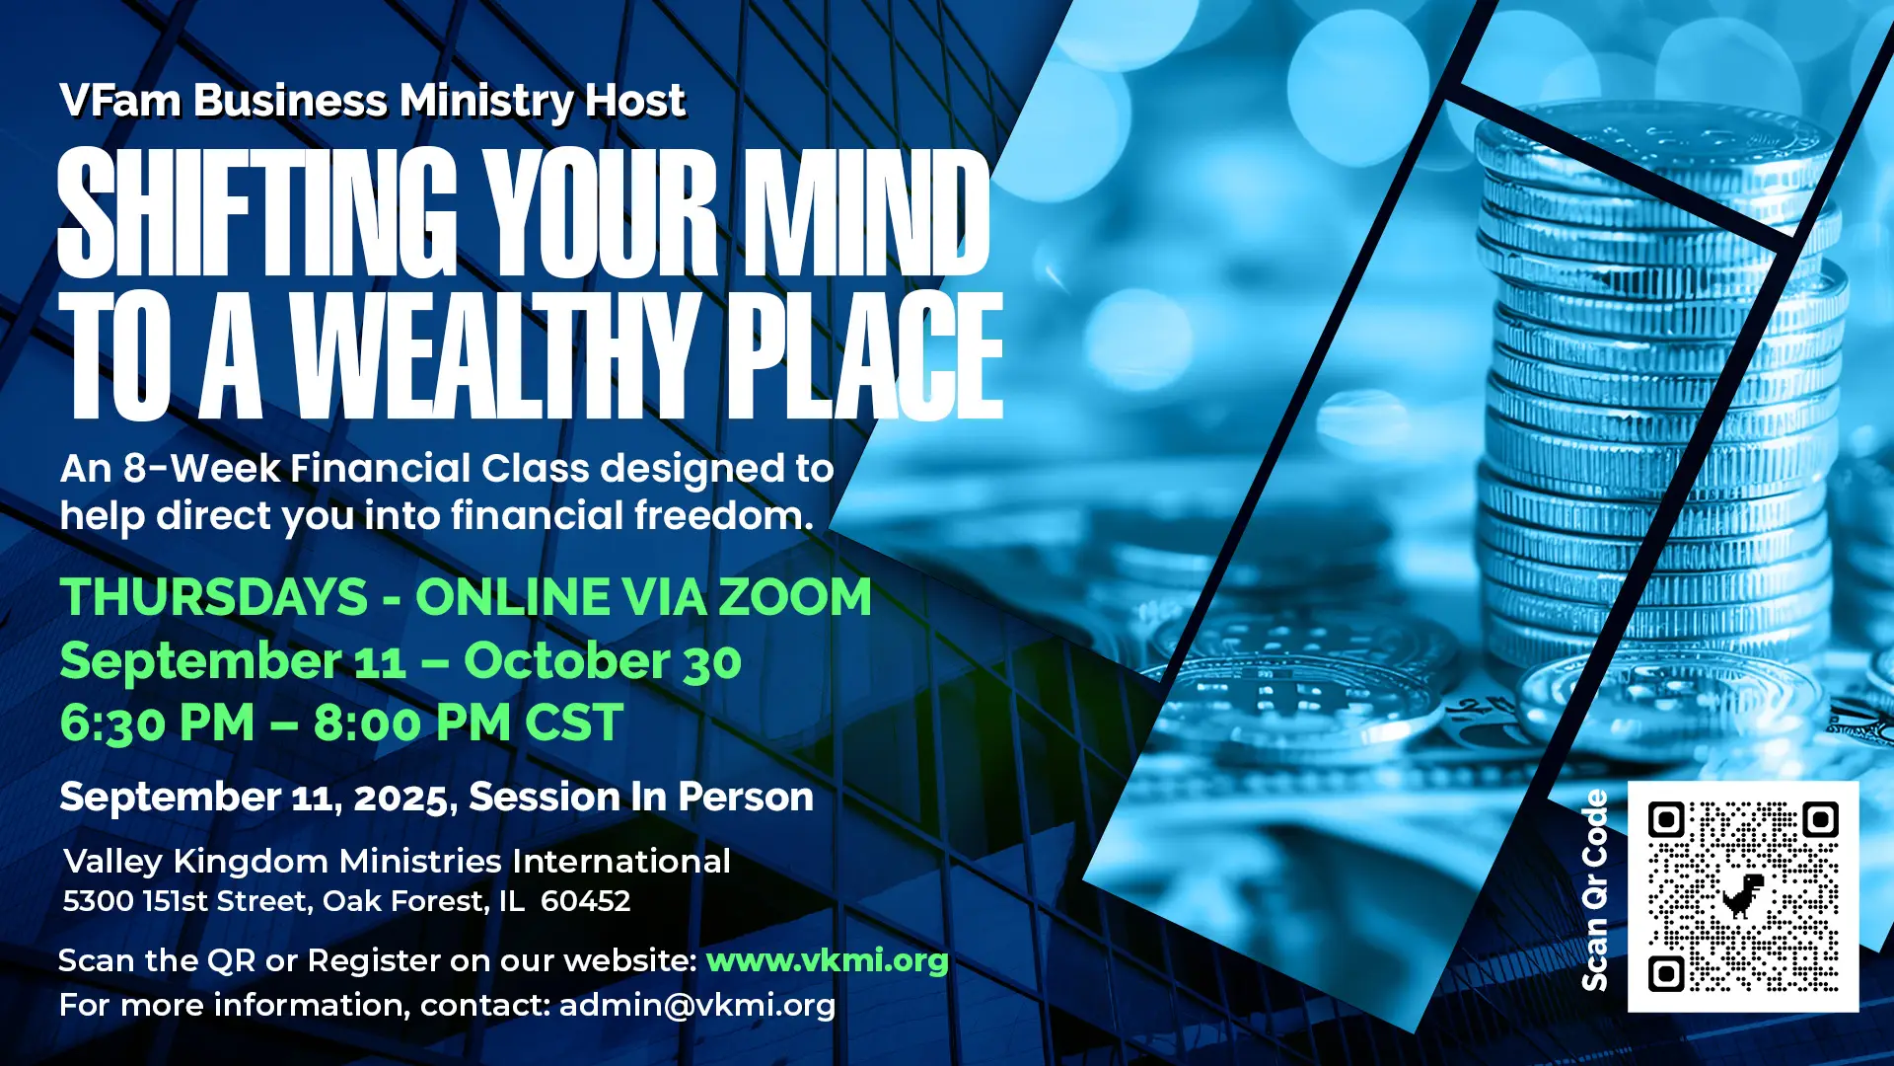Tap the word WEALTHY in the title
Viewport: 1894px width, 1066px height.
[496, 355]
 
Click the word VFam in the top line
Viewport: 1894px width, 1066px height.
[119, 101]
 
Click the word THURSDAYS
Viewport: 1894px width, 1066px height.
[214, 597]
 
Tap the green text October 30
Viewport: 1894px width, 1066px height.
[603, 661]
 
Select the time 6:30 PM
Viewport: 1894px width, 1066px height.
[158, 723]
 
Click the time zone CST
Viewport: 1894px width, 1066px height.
[574, 723]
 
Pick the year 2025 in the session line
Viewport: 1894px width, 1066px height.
[401, 799]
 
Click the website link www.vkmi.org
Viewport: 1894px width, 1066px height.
[828, 960]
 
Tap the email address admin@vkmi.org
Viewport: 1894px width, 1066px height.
[697, 1005]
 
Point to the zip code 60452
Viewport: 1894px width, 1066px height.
[586, 901]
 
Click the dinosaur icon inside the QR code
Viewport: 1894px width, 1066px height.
[1743, 895]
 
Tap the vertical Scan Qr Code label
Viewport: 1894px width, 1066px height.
[1595, 890]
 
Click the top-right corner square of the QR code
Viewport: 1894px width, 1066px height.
[1820, 819]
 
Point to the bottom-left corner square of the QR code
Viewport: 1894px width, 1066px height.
[1666, 973]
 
